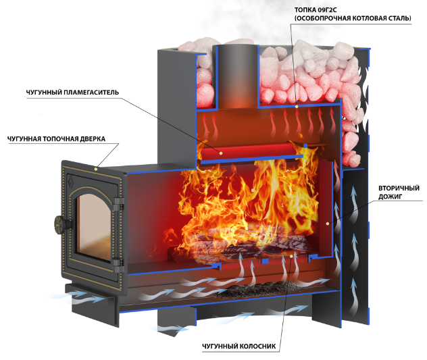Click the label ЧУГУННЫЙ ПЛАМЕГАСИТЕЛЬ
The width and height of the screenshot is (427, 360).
(x=72, y=93)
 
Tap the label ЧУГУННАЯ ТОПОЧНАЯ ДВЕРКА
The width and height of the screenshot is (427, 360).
(x=56, y=139)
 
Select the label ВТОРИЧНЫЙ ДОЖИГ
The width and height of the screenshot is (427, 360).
(x=399, y=192)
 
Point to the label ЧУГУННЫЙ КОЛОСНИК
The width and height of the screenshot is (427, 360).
(x=238, y=346)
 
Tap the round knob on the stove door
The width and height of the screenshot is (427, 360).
(x=61, y=224)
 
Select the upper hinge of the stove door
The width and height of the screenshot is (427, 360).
(x=118, y=203)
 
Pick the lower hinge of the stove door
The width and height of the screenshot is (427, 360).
(x=118, y=264)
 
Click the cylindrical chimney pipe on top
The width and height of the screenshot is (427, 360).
(x=238, y=76)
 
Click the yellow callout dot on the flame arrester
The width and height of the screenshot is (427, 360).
(x=221, y=153)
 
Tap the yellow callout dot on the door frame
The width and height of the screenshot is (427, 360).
(x=96, y=169)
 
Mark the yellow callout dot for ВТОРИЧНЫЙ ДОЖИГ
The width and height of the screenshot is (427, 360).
(x=328, y=224)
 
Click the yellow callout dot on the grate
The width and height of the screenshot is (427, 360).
(x=291, y=257)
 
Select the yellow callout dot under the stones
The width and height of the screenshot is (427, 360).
(x=297, y=106)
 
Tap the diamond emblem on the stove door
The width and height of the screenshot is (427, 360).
(x=70, y=182)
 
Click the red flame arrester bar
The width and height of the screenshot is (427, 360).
(x=252, y=153)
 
